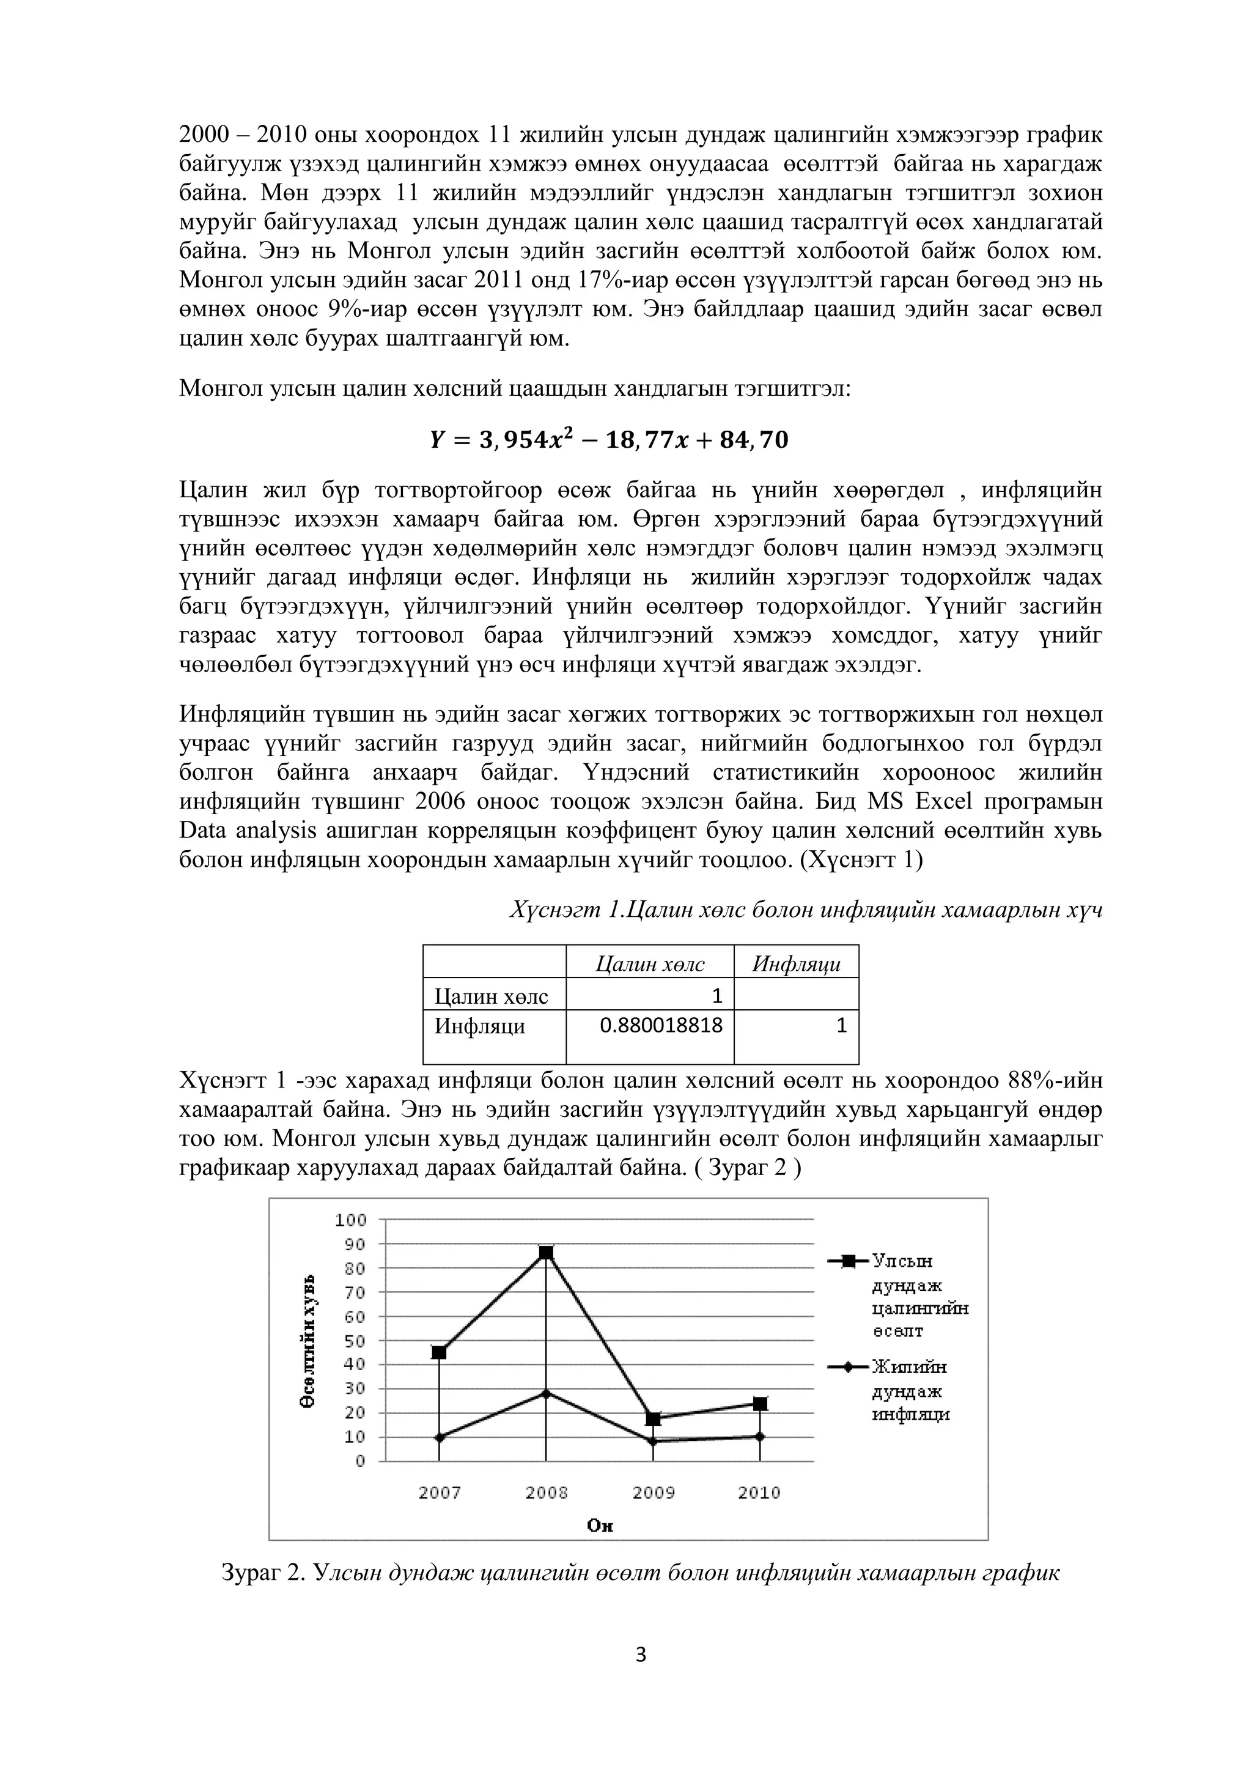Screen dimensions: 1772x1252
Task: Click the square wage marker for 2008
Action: click(545, 1253)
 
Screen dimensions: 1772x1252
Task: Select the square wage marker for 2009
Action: click(654, 1419)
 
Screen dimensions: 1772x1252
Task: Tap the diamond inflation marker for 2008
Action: click(545, 1393)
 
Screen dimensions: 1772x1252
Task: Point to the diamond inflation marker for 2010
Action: click(760, 1436)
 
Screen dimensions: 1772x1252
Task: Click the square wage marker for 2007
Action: click(439, 1352)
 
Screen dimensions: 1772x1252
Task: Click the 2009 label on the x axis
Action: click(654, 1492)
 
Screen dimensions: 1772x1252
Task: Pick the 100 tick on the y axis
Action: click(350, 1220)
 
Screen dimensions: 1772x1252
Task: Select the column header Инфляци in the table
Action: click(796, 964)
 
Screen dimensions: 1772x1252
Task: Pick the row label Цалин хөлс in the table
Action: click(492, 996)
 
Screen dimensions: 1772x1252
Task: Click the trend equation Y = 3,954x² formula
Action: click(609, 440)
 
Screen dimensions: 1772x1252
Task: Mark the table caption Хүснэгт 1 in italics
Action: click(805, 911)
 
